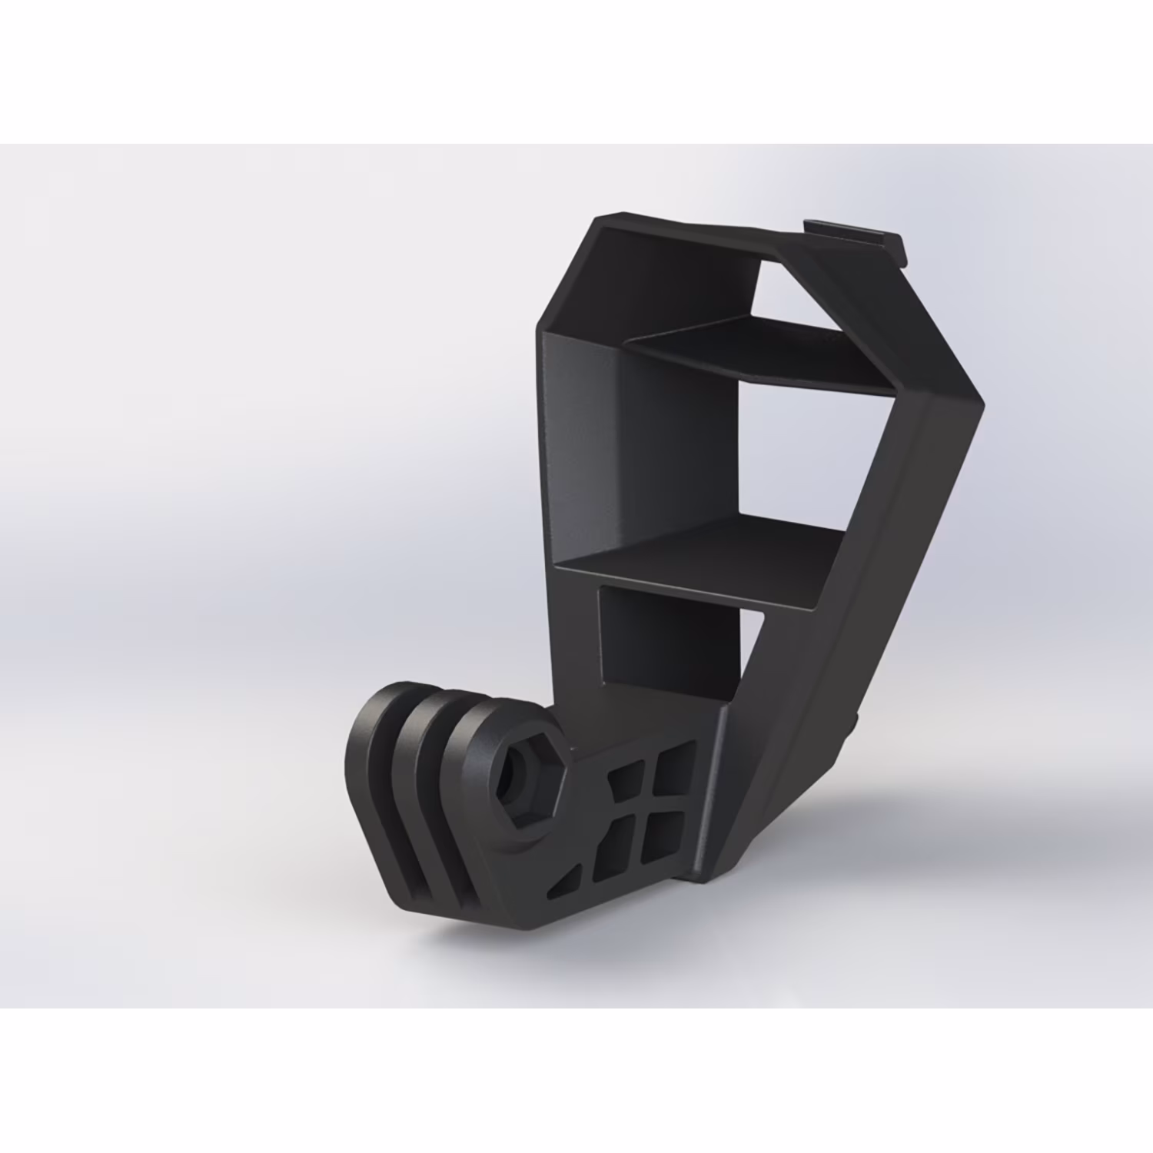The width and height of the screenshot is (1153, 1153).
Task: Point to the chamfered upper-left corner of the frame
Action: pyautogui.click(x=565, y=269)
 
